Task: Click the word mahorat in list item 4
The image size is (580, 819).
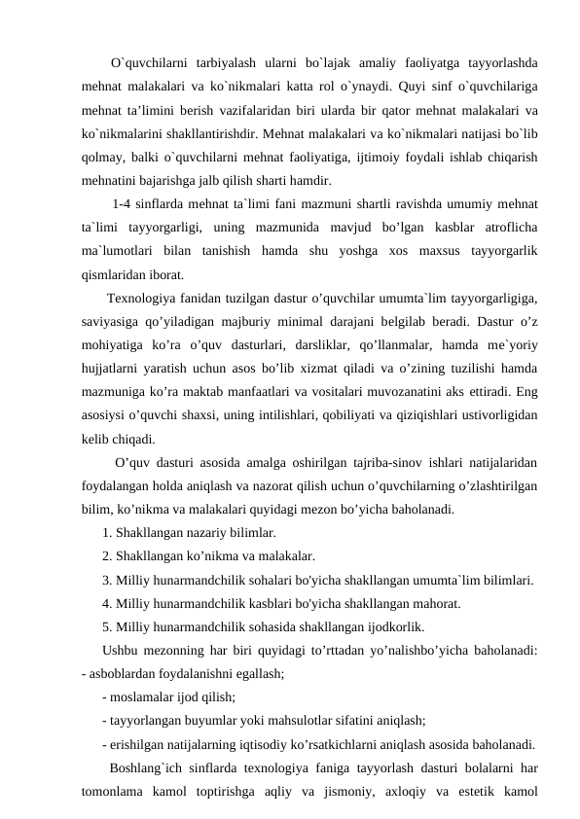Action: pyautogui.click(x=434, y=603)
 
